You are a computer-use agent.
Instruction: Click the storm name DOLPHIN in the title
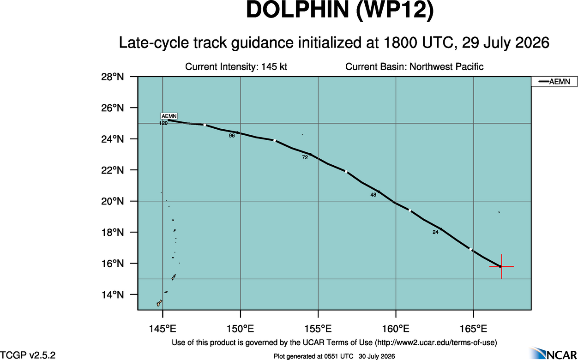click(298, 10)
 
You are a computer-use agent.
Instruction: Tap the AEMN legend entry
click(554, 82)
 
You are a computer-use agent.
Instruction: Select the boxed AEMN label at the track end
click(169, 116)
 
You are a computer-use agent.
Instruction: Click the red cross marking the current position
click(501, 266)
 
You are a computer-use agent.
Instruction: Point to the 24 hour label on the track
click(435, 232)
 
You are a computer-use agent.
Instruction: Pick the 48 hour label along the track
click(373, 195)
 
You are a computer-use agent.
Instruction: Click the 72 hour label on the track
click(305, 157)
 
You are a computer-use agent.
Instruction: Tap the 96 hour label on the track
click(232, 136)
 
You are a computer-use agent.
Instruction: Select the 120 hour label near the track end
click(163, 123)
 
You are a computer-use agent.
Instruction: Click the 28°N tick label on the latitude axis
click(113, 77)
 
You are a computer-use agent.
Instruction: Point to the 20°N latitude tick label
click(113, 201)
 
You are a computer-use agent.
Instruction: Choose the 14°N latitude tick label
click(113, 294)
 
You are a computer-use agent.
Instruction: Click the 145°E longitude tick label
click(163, 329)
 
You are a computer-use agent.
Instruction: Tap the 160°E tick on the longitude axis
click(396, 329)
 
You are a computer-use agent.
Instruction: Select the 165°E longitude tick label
click(474, 329)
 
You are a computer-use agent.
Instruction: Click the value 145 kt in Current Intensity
click(274, 67)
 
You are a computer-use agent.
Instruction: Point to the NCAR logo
click(554, 353)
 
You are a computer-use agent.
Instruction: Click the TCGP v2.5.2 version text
click(28, 355)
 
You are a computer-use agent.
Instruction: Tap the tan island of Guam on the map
click(159, 303)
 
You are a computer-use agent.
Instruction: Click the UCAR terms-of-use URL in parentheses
click(436, 343)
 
